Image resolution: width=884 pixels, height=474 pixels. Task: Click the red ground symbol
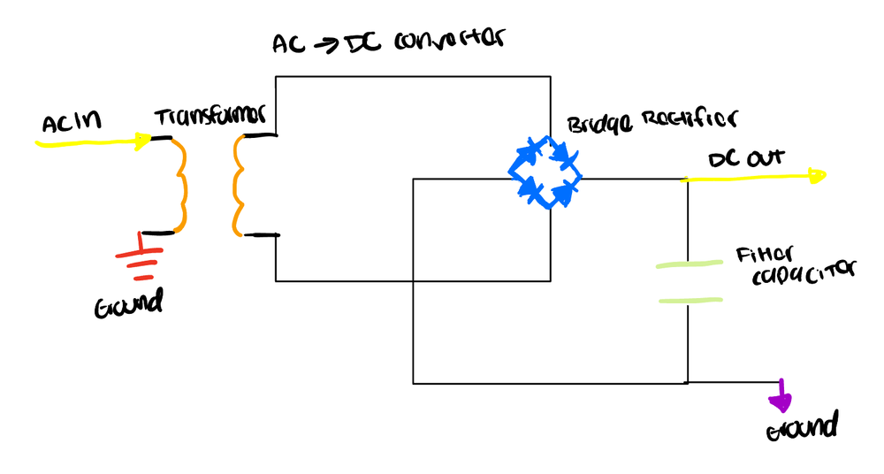(x=139, y=256)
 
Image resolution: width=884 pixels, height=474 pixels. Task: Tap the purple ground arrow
(x=781, y=400)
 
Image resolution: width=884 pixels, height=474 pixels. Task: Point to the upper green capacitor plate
(x=689, y=264)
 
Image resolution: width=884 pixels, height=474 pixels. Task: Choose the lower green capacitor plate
(x=690, y=301)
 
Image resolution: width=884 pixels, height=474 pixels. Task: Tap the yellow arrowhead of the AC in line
(x=141, y=140)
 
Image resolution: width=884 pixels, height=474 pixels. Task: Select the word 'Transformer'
(x=210, y=118)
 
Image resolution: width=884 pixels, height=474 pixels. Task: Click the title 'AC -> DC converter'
(x=389, y=42)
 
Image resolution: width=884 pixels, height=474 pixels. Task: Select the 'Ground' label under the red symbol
(x=129, y=306)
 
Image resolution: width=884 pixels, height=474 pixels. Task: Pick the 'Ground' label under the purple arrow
(x=801, y=429)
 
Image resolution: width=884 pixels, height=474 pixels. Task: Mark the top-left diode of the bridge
(x=529, y=152)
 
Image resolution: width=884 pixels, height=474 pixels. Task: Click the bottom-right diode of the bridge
(x=562, y=189)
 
